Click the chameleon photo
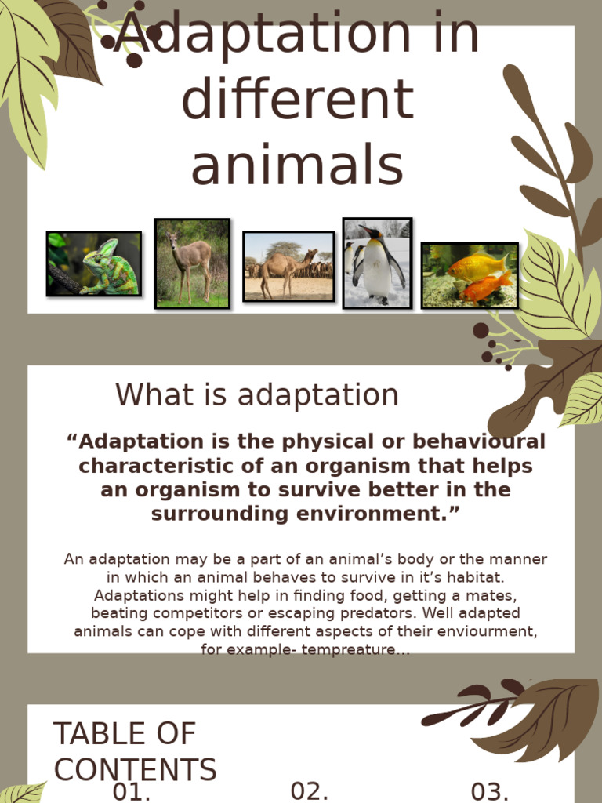[94, 263]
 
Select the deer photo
[192, 263]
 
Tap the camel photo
[288, 267]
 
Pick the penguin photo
[377, 263]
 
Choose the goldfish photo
[470, 275]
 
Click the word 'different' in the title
[297, 100]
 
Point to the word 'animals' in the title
[297, 166]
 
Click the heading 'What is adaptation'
[257, 395]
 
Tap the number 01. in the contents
[132, 791]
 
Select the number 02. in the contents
[309, 791]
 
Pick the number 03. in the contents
[490, 791]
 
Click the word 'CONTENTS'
[135, 769]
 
